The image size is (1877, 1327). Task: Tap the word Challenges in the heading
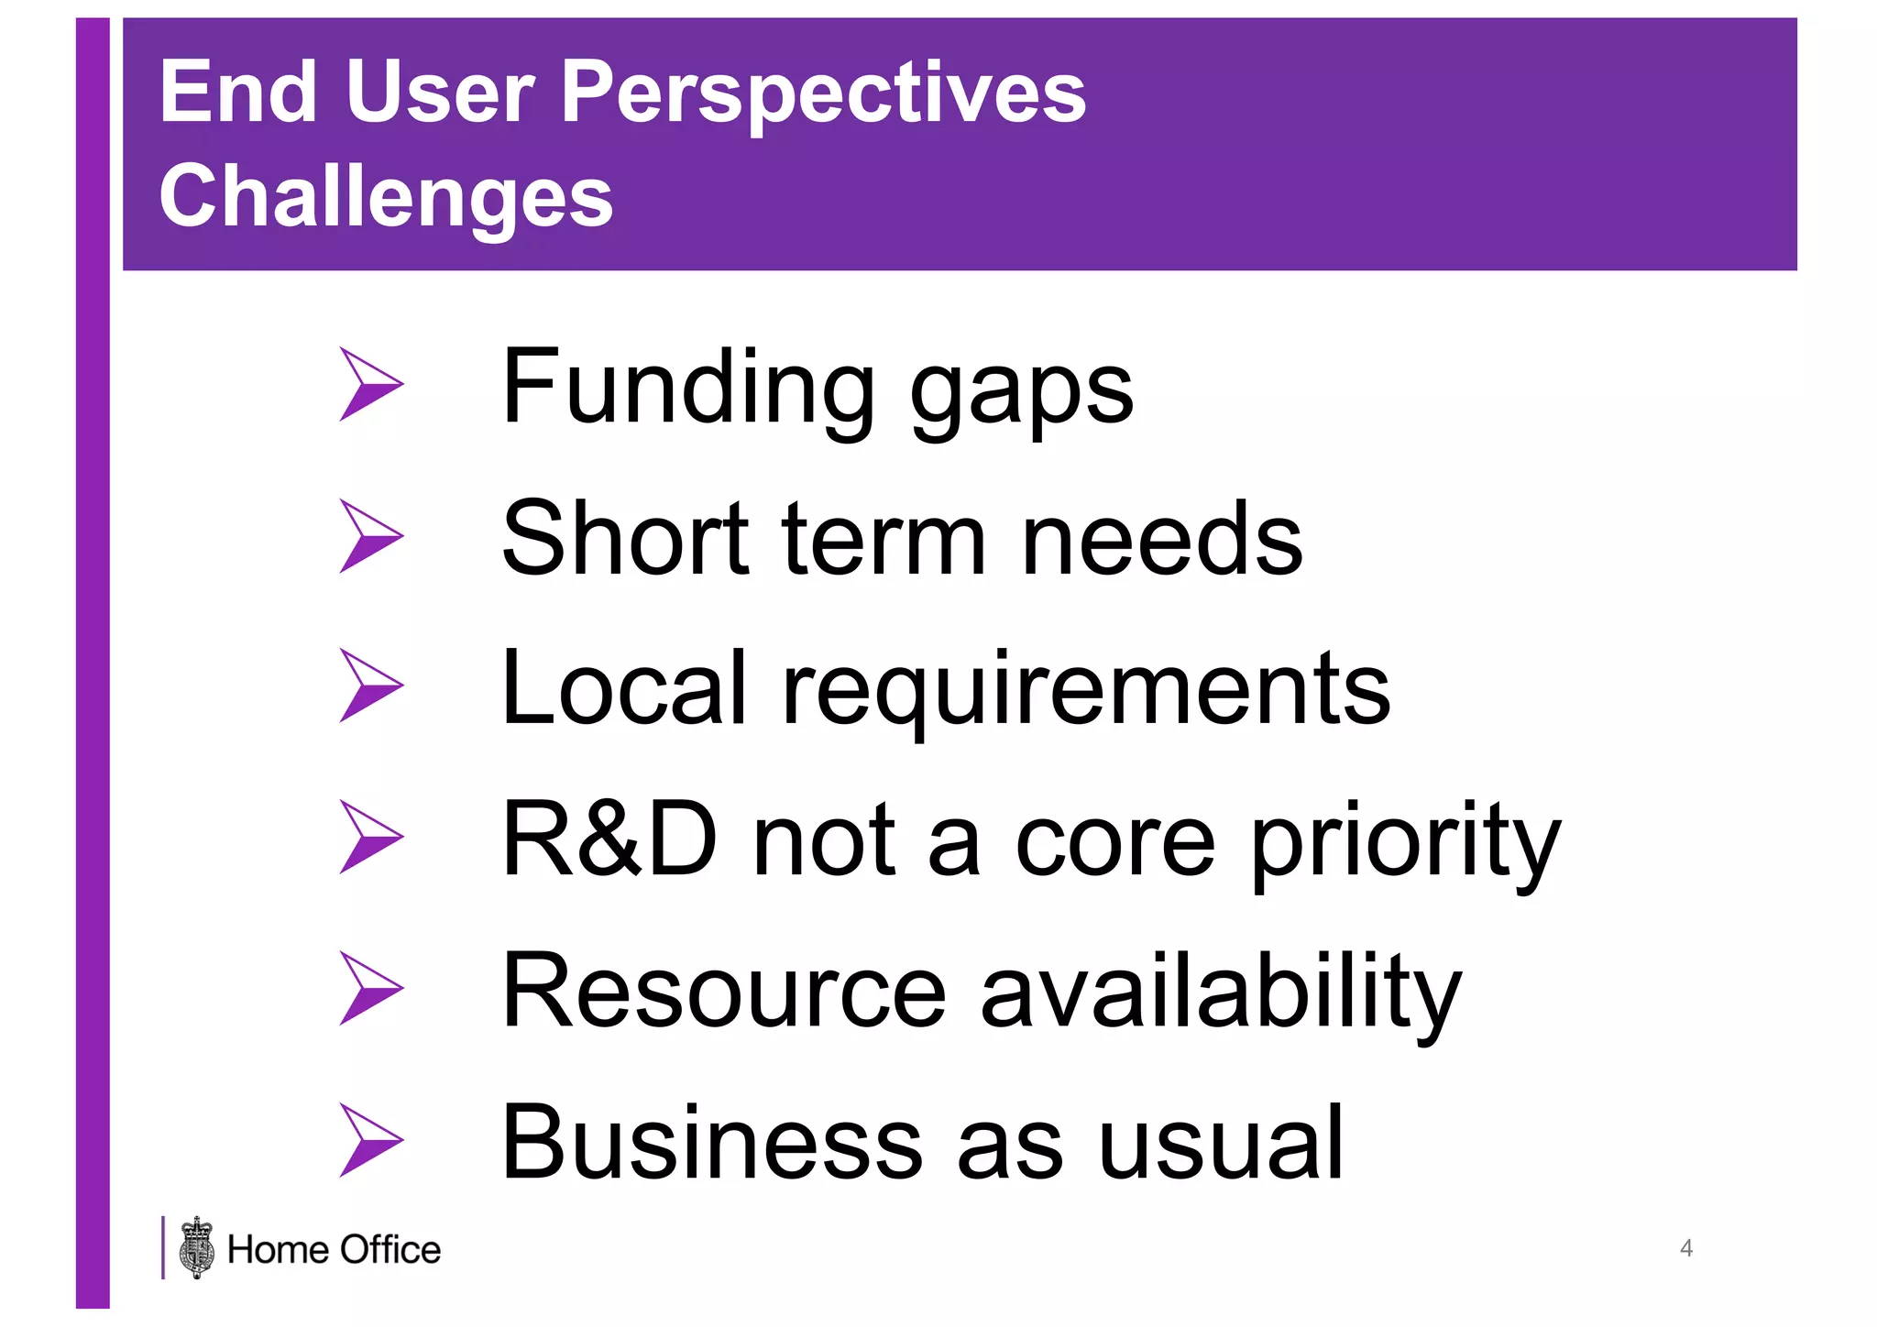[x=386, y=197]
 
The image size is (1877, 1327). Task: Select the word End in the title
[x=238, y=92]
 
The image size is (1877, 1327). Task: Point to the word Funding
[x=688, y=388]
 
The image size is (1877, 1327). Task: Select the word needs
[x=1161, y=540]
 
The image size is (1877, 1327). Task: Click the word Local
[x=624, y=689]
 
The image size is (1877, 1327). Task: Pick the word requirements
[x=1086, y=694]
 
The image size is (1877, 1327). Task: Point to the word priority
[x=1406, y=845]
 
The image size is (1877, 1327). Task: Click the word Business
[x=711, y=1143]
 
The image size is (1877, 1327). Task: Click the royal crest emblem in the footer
[x=197, y=1248]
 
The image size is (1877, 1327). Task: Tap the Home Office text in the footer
[x=334, y=1250]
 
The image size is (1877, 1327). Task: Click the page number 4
[x=1685, y=1248]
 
